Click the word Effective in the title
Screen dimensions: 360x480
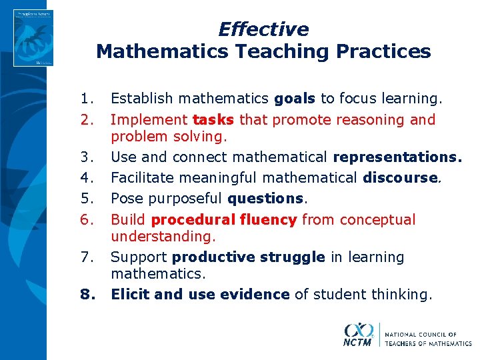coord(263,29)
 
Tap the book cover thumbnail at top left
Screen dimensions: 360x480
coord(35,37)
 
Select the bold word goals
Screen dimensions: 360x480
coord(295,99)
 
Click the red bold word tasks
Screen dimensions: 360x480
coord(213,120)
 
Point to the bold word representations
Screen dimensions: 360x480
coord(397,157)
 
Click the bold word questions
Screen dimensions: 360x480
coord(265,199)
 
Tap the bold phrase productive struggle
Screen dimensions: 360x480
coord(248,257)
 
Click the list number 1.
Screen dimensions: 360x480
coord(86,99)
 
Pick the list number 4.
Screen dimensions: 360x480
coord(86,178)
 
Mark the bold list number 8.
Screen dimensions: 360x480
coord(86,294)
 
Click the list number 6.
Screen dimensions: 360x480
coord(86,220)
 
